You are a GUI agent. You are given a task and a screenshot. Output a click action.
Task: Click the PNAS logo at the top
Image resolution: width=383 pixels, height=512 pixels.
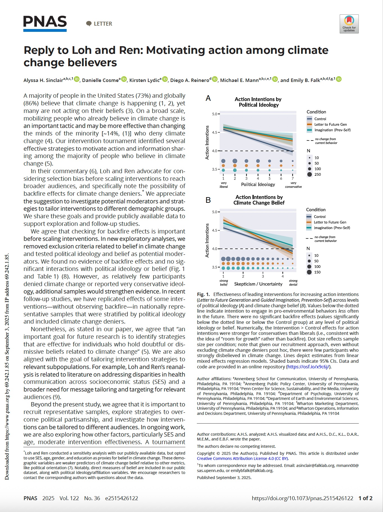[x=45, y=23]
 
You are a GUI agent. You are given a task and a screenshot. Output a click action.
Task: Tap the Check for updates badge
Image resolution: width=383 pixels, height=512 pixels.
[x=349, y=24]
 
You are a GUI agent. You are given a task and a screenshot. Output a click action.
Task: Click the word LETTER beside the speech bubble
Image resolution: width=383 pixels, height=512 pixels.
[x=103, y=24]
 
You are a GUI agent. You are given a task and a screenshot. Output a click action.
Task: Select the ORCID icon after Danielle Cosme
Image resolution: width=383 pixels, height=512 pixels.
[x=124, y=79]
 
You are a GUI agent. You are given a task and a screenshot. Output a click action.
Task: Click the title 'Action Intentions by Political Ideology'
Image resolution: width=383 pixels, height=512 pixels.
[x=258, y=102]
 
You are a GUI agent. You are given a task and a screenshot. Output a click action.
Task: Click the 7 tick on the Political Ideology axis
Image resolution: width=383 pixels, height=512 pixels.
[x=293, y=178]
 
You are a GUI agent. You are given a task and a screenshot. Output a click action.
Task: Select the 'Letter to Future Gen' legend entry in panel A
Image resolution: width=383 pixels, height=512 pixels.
[x=330, y=124]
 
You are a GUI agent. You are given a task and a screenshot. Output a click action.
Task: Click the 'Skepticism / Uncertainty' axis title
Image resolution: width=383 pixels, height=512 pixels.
[x=258, y=284]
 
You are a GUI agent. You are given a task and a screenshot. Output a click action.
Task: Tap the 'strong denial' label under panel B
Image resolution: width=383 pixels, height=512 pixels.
[x=293, y=282]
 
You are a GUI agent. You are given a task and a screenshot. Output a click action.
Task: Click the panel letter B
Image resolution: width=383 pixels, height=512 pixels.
[x=208, y=200]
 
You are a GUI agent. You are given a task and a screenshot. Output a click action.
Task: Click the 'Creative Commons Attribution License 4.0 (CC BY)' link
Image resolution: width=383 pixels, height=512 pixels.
[x=242, y=458]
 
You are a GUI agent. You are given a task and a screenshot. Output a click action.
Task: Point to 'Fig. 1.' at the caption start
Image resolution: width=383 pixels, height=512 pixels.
[x=203, y=294]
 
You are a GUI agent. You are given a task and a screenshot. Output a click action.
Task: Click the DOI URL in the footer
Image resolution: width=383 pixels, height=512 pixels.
[x=302, y=498]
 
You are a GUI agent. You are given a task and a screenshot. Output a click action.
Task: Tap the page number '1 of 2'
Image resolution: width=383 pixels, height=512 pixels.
[x=365, y=498]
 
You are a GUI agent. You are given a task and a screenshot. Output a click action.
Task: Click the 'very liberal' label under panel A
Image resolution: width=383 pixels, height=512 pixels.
[x=224, y=185]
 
